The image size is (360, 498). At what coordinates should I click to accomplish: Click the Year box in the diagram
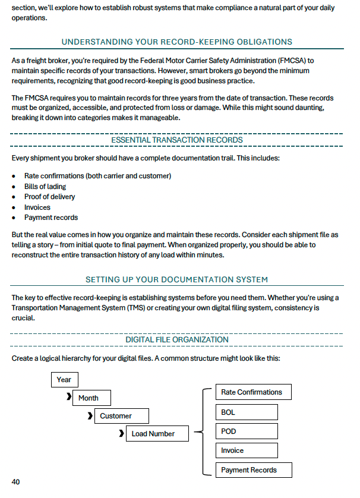pos(64,380)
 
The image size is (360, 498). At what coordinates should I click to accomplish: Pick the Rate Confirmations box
pos(251,392)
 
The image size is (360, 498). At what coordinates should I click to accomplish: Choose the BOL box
pos(246,412)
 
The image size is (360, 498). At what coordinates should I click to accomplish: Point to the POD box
pos(246,431)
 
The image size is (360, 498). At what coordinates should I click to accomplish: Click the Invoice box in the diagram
pos(246,450)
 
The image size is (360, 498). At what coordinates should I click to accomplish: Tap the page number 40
pos(16,482)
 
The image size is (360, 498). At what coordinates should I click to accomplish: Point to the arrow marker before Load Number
pos(121,433)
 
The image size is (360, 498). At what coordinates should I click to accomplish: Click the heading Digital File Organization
pos(177,339)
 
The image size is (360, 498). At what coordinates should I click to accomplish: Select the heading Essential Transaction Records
pos(177,140)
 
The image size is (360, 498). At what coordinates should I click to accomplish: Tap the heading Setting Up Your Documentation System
pos(177,279)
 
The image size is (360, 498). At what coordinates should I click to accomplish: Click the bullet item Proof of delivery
pos(49,197)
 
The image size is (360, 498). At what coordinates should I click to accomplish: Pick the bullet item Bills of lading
pos(45,187)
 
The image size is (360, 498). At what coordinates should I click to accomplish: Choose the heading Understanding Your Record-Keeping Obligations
pos(177,42)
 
